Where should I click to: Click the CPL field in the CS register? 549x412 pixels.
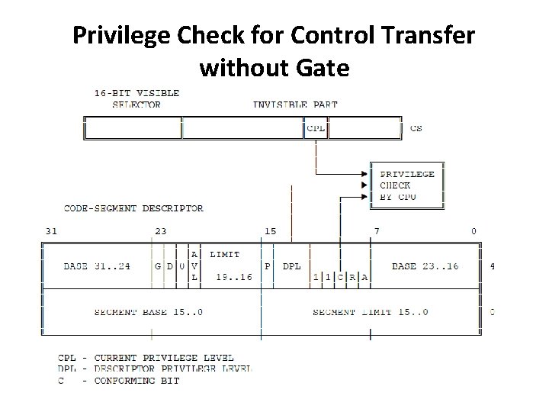[x=316, y=128]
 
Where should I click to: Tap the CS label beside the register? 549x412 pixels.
[x=416, y=128]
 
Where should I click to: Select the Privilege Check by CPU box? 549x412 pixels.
[x=407, y=185]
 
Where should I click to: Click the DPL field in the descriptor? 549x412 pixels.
[x=291, y=266]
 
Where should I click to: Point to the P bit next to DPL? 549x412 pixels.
[x=268, y=266]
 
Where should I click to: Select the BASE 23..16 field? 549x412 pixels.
[x=425, y=266]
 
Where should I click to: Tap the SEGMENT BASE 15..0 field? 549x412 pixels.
[x=148, y=311]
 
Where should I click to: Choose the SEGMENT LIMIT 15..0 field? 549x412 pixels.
[x=371, y=311]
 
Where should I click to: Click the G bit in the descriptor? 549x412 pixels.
[x=158, y=266]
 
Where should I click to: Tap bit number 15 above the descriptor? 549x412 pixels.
[x=271, y=230]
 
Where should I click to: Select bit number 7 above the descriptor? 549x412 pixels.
[x=376, y=230]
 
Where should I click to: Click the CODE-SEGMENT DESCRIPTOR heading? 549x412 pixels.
[x=133, y=208]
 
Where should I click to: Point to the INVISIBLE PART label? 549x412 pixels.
[x=295, y=105]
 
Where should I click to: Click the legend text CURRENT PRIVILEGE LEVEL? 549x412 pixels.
[x=164, y=357]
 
